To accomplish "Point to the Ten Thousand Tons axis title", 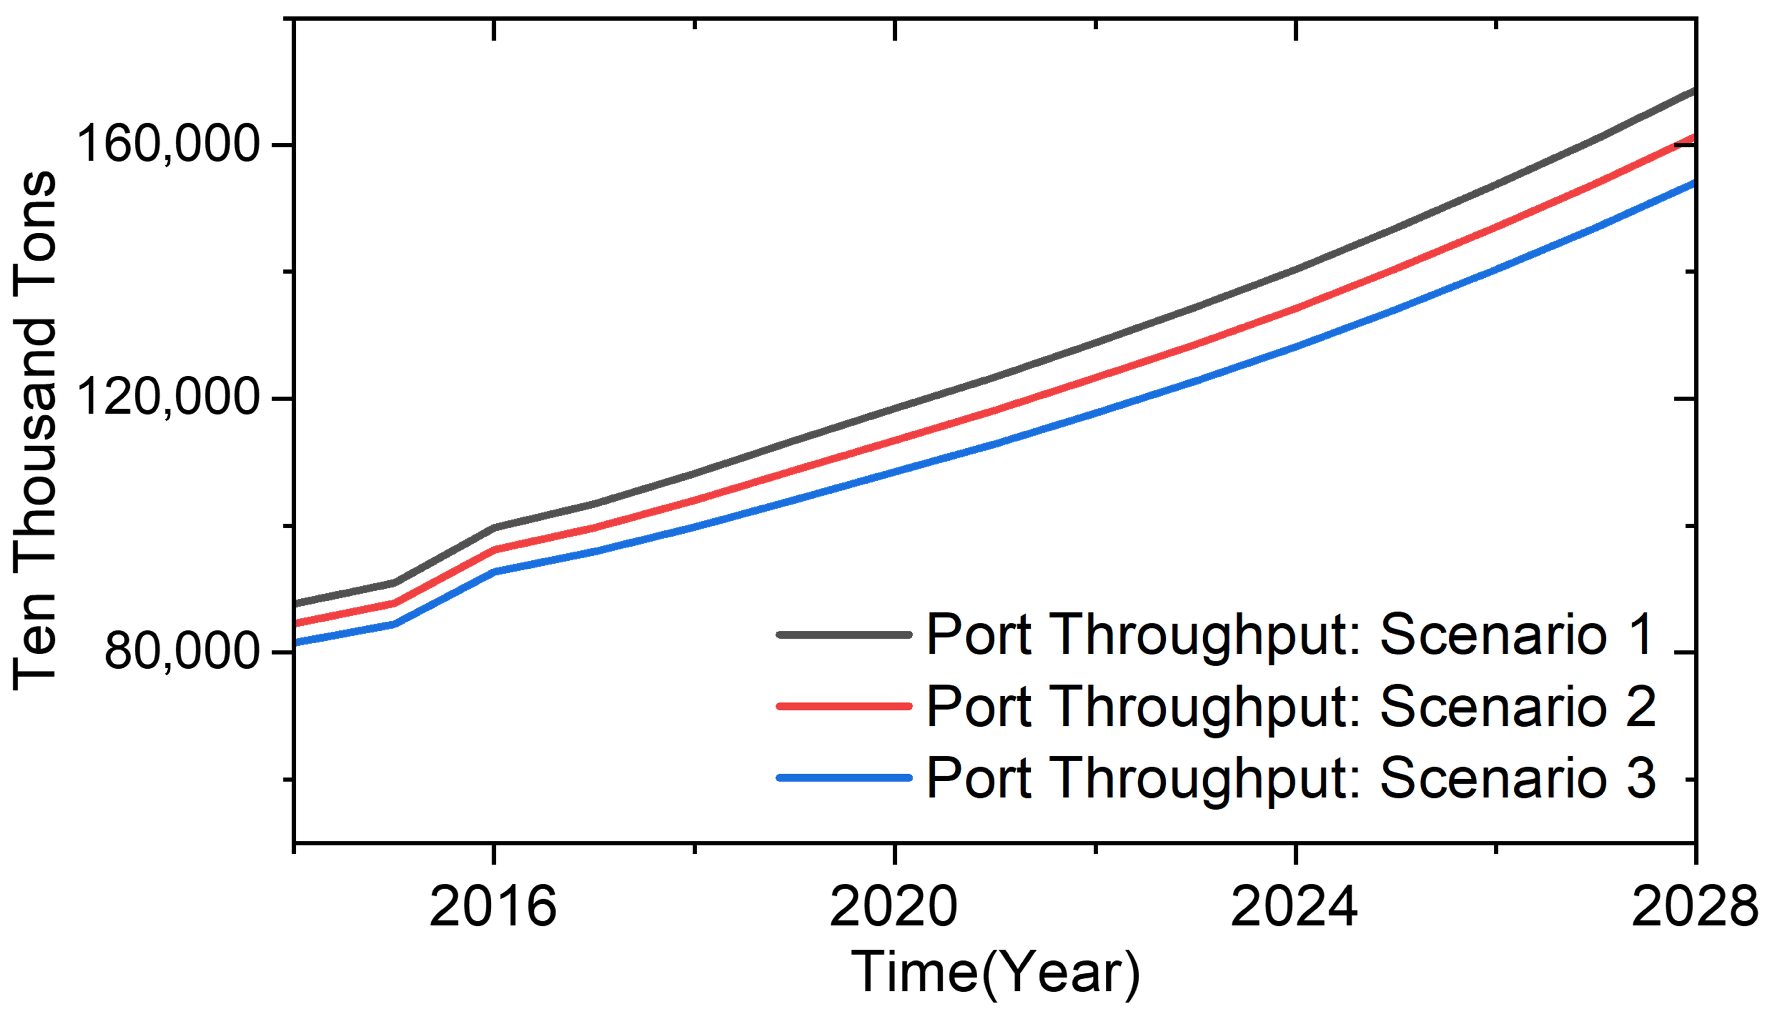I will (x=35, y=430).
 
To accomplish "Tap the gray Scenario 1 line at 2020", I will (x=894, y=408).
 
